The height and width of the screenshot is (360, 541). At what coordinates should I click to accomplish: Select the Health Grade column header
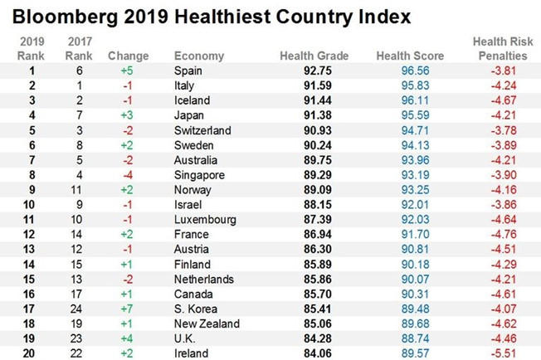point(314,56)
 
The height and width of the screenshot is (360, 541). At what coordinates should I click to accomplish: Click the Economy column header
point(199,56)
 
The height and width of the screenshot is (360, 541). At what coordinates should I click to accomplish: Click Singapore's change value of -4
point(129,175)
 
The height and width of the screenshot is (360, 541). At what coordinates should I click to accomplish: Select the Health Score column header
point(410,56)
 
